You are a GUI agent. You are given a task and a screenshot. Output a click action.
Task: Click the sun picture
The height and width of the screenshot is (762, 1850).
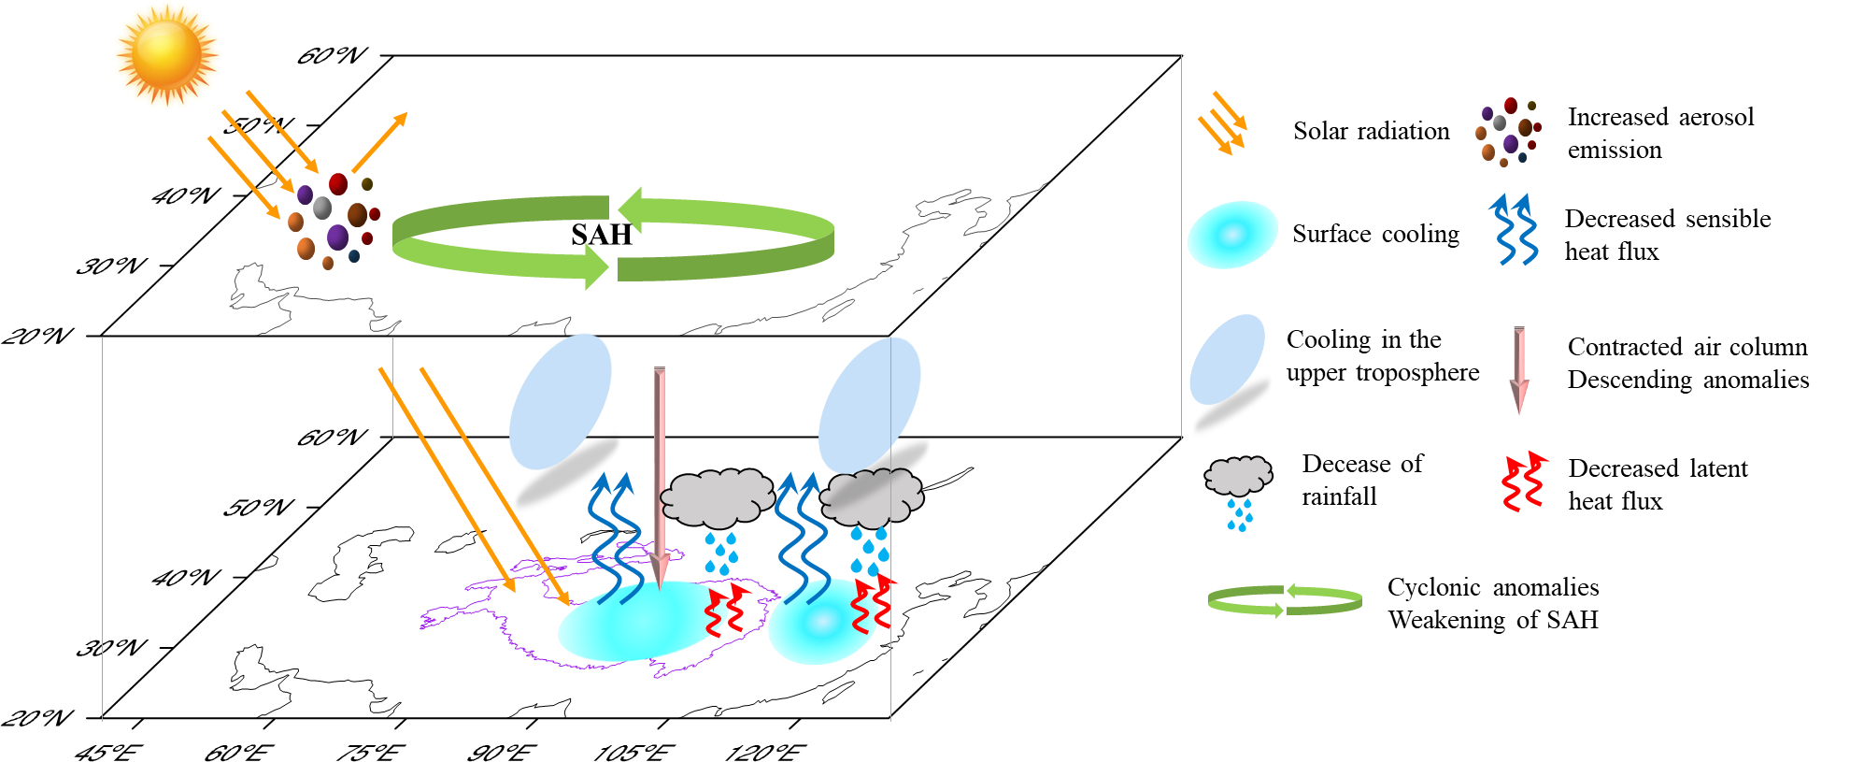pyautogui.click(x=167, y=54)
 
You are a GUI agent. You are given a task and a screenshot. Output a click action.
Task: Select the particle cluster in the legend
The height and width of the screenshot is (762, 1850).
pyautogui.click(x=1508, y=131)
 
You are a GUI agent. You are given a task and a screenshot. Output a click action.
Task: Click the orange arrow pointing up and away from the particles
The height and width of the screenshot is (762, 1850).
pyautogui.click(x=379, y=143)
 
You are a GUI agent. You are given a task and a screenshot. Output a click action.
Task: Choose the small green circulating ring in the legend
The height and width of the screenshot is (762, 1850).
pyautogui.click(x=1285, y=600)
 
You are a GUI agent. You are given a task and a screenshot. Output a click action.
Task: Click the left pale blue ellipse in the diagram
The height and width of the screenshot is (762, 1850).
pyautogui.click(x=560, y=401)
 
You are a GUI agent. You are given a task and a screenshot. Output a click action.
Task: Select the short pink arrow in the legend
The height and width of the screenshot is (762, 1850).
pyautogui.click(x=1519, y=369)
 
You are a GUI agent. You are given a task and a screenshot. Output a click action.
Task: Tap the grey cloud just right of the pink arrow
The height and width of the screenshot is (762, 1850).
pyautogui.click(x=717, y=498)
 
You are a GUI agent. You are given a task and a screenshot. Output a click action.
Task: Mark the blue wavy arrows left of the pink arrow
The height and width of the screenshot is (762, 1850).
pyautogui.click(x=614, y=538)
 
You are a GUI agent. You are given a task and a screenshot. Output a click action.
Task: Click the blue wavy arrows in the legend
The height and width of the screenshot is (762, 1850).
pyautogui.click(x=1515, y=230)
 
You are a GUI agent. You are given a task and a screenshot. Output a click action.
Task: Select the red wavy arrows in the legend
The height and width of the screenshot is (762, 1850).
pyautogui.click(x=1522, y=482)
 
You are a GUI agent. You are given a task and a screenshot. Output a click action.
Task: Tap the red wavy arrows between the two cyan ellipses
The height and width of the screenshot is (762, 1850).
pyautogui.click(x=727, y=611)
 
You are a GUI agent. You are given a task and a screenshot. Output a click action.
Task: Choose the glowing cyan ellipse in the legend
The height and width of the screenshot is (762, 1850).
pyautogui.click(x=1232, y=235)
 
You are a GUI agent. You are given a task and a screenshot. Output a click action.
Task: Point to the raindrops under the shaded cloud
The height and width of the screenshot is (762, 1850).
pyautogui.click(x=869, y=552)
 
